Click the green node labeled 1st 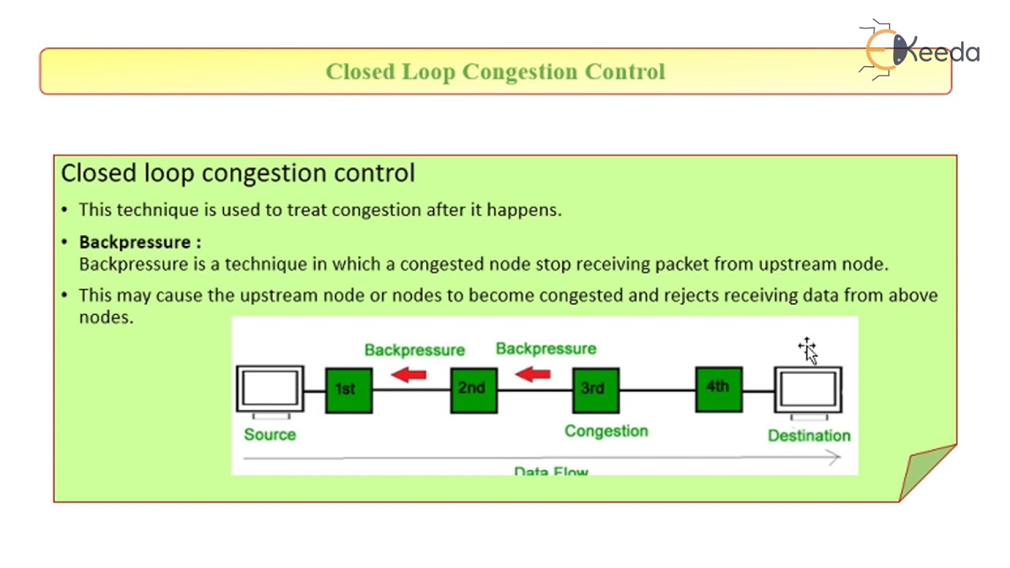(x=348, y=390)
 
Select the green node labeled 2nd (x=473, y=389)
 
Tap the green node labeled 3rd (x=596, y=389)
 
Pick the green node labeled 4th (x=718, y=388)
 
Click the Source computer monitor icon (x=270, y=390)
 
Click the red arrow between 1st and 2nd (x=409, y=375)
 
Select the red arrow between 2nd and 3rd (x=533, y=374)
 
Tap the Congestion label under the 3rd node (x=606, y=431)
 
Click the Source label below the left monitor (x=270, y=435)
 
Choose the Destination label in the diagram (x=809, y=435)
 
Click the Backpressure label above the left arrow (x=414, y=350)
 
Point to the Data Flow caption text (x=551, y=472)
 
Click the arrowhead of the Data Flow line (x=835, y=457)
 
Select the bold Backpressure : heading (x=140, y=242)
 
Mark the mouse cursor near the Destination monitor (x=808, y=350)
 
